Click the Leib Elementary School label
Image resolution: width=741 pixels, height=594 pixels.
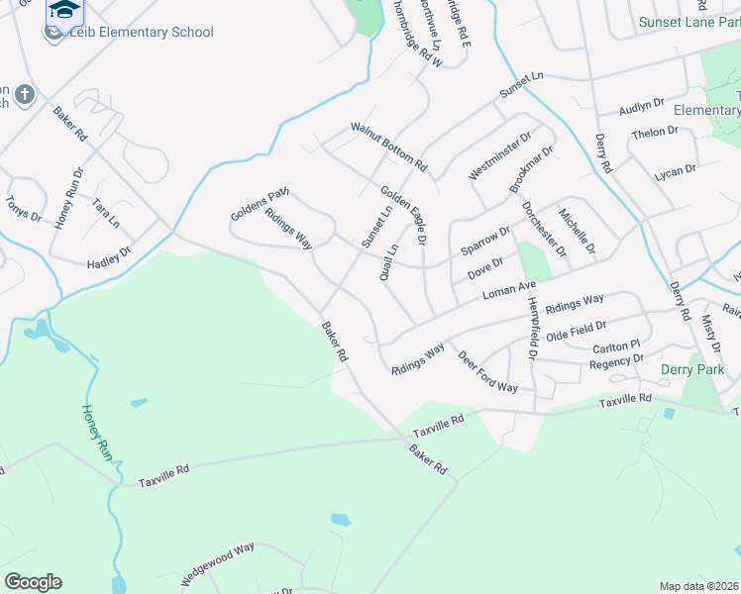click(x=141, y=32)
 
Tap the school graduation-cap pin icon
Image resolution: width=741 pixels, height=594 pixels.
click(x=64, y=11)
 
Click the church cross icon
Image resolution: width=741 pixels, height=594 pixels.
click(x=24, y=96)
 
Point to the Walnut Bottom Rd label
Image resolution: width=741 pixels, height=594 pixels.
click(x=388, y=146)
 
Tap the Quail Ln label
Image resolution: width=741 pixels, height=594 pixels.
click(x=389, y=262)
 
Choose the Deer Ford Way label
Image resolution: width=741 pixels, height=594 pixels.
click(x=486, y=371)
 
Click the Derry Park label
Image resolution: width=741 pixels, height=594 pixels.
click(x=691, y=369)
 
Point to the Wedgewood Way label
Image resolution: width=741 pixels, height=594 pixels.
click(x=217, y=561)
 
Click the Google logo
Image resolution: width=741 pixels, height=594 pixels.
click(x=33, y=582)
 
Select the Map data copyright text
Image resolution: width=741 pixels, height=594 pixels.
click(x=699, y=586)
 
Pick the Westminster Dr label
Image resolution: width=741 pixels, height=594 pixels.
click(x=499, y=154)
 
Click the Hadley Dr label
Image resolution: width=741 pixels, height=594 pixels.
click(x=109, y=258)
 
